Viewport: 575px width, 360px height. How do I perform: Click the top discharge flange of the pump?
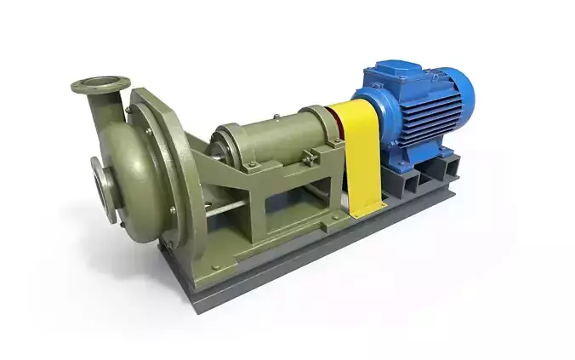click(100, 83)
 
